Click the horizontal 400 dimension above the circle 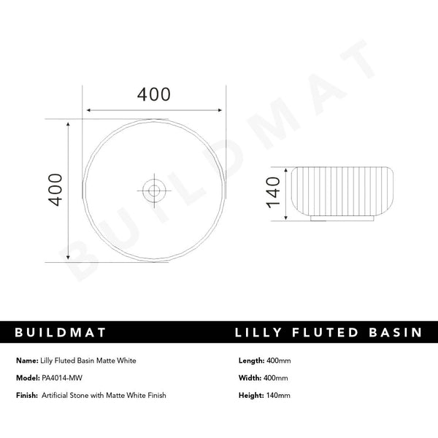coord(154,95)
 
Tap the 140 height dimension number coord(272,192)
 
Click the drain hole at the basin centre coord(154,191)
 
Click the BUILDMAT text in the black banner coord(61,333)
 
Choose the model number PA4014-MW coord(63,378)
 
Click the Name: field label coord(26,361)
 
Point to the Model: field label coord(27,378)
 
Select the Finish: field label coord(27,396)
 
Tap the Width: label coord(250,378)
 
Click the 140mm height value coord(279,396)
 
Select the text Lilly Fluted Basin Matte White coord(88,361)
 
